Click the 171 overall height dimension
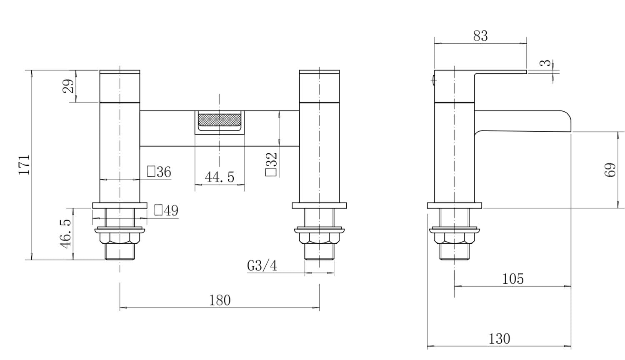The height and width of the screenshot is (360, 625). click(x=24, y=165)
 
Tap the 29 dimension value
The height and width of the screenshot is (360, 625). click(x=68, y=86)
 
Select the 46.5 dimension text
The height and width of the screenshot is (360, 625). click(x=65, y=234)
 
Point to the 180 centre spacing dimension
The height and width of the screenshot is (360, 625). click(x=220, y=300)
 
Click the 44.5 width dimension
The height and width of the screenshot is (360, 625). click(x=220, y=177)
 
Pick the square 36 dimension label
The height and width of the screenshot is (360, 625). click(x=159, y=172)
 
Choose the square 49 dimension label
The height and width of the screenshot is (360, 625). click(x=166, y=210)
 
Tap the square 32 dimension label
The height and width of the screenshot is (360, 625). click(x=271, y=164)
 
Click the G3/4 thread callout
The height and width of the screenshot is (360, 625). click(x=262, y=265)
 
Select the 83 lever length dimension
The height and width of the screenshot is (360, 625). click(x=480, y=36)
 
